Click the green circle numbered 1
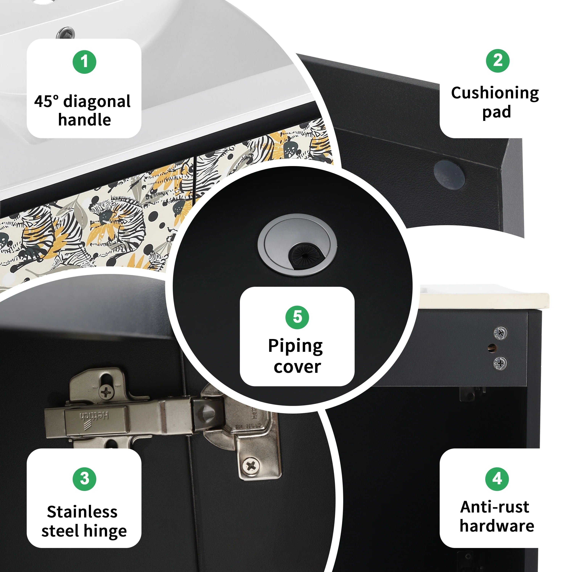(x=84, y=62)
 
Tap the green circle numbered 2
(x=498, y=61)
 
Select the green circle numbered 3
(x=84, y=479)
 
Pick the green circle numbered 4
(x=497, y=479)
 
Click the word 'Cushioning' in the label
(x=495, y=93)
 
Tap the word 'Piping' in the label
(x=296, y=346)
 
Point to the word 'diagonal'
(x=97, y=102)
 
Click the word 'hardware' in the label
(x=497, y=526)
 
